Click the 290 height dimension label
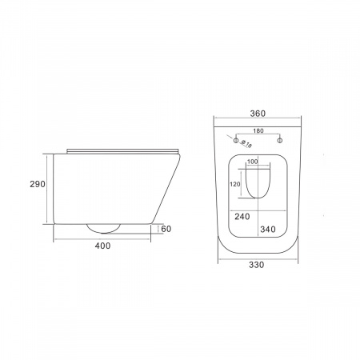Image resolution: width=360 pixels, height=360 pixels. coord(38,184)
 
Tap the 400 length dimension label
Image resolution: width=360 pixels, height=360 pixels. coord(102,246)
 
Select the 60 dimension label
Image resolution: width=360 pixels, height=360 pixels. coord(166,229)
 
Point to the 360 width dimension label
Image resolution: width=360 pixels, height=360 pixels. coord(258,114)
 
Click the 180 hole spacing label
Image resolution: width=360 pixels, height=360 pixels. coord(258,130)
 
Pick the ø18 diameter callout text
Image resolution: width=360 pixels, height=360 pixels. coord(246,143)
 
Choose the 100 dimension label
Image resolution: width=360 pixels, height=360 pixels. coord(253,162)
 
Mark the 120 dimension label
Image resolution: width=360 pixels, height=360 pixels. coord(235,184)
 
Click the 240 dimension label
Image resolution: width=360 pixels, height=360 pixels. coord(242,217)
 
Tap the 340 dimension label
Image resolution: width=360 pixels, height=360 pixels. coord(268,229)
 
